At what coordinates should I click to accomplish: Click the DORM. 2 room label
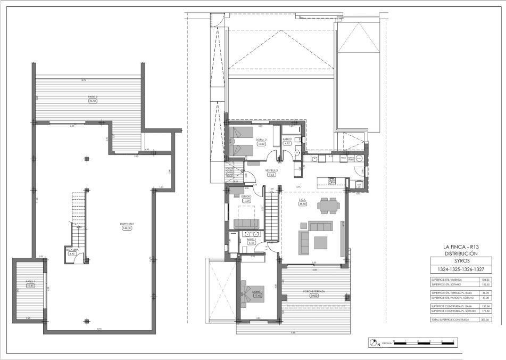[x=261, y=140]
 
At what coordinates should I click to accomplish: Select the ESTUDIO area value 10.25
[x=246, y=201]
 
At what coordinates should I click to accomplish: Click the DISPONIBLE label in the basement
[x=127, y=224]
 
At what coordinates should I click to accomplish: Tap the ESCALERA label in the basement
[x=72, y=249]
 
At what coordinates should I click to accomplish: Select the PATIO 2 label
[x=93, y=97]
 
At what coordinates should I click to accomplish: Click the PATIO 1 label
[x=30, y=281]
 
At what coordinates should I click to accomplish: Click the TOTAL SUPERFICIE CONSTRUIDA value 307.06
[x=484, y=319]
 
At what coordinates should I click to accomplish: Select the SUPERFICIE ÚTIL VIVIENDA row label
[x=447, y=280]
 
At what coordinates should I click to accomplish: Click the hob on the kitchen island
[x=331, y=181]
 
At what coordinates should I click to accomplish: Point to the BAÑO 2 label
[x=287, y=140]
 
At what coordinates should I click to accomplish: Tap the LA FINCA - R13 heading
[x=461, y=247]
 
